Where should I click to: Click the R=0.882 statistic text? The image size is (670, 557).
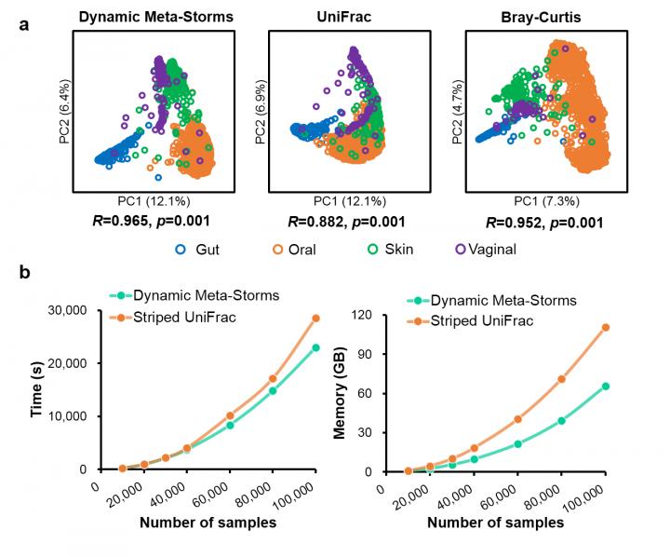point(348,221)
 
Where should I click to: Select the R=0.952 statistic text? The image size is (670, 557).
point(544,223)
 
